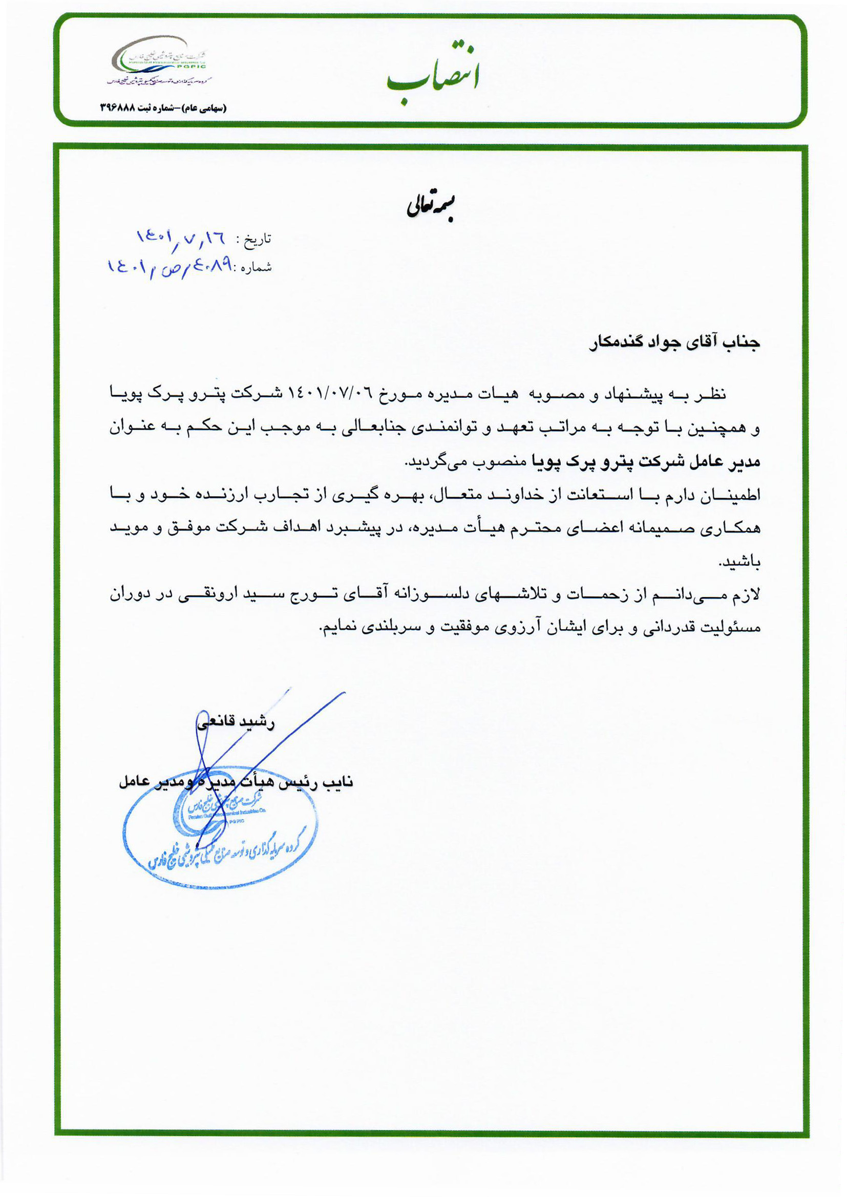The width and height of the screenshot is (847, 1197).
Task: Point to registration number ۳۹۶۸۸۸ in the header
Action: click(x=117, y=108)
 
